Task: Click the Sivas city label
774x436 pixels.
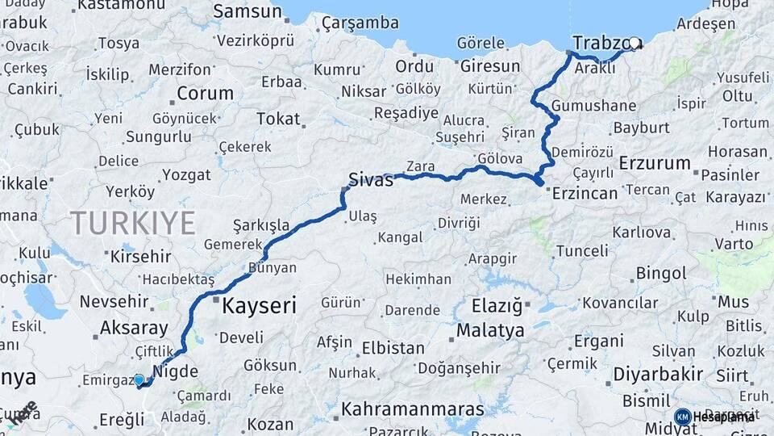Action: pyautogui.click(x=371, y=179)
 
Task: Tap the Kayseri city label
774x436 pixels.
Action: pyautogui.click(x=259, y=306)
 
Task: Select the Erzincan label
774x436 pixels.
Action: pyautogui.click(x=585, y=193)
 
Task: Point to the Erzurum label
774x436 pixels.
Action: pyautogui.click(x=655, y=163)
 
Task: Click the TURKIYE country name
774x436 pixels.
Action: pyautogui.click(x=132, y=223)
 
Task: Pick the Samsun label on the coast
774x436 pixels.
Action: pyautogui.click(x=248, y=12)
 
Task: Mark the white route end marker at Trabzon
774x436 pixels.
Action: pyautogui.click(x=634, y=44)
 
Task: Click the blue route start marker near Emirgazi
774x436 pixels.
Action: pyautogui.click(x=139, y=379)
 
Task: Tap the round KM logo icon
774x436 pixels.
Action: pyautogui.click(x=682, y=417)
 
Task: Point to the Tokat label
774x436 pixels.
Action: pyautogui.click(x=278, y=119)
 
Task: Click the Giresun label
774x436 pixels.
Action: pyautogui.click(x=491, y=65)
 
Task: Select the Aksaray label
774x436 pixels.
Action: pyautogui.click(x=134, y=329)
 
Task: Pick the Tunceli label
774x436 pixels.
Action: pyautogui.click(x=581, y=250)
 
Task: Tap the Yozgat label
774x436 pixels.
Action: pyautogui.click(x=186, y=174)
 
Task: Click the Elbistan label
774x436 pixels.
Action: pyautogui.click(x=393, y=349)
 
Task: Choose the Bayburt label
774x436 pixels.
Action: pyautogui.click(x=642, y=128)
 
